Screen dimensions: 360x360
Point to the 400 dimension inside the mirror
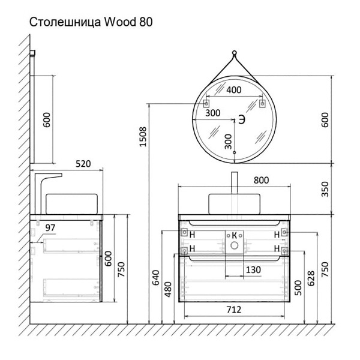point(234,91)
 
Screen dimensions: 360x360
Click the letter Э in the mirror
point(241,119)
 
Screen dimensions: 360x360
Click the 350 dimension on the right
point(325,188)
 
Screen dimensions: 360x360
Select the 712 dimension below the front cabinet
point(234,310)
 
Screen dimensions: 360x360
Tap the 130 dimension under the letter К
point(253,270)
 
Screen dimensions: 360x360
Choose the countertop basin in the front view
point(235,203)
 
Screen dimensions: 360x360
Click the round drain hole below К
point(235,245)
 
